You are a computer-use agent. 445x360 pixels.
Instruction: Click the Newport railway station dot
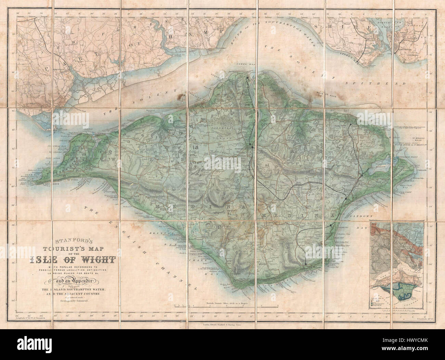pyautogui.click(x=252, y=146)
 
